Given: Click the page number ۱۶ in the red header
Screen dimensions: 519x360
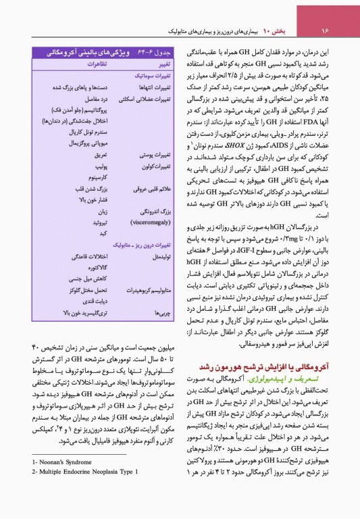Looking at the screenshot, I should click(324, 31).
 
